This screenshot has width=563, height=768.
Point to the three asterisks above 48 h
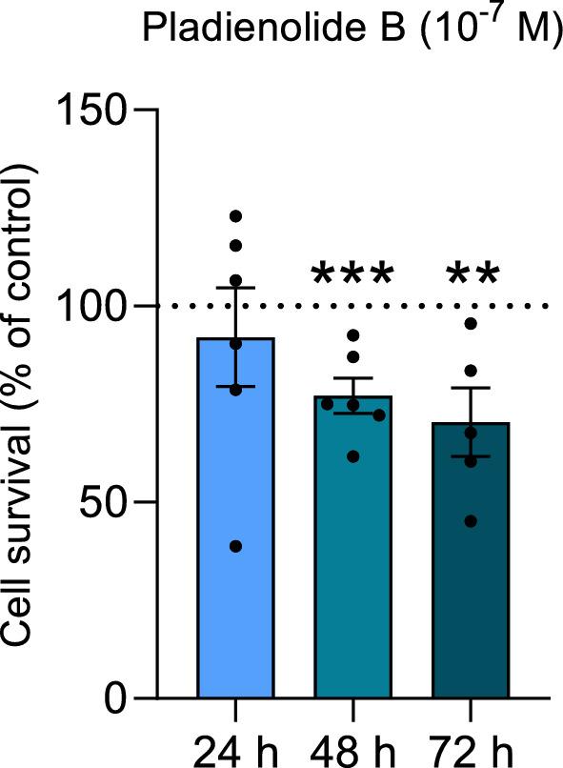[x=353, y=277]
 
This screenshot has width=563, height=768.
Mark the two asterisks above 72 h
[x=471, y=277]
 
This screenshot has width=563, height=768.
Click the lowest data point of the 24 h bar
[x=235, y=546]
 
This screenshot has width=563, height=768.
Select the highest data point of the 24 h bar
[x=235, y=216]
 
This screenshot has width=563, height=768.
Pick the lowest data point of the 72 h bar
[x=471, y=521]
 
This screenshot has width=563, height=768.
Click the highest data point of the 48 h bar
[x=353, y=335]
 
